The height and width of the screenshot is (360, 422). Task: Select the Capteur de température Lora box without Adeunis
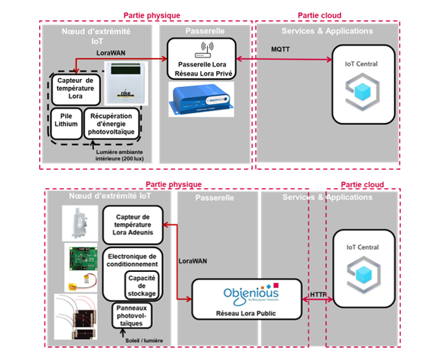[x=76, y=89]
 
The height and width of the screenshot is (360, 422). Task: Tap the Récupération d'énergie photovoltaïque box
[x=111, y=123]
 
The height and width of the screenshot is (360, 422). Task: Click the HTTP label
[x=318, y=294]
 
